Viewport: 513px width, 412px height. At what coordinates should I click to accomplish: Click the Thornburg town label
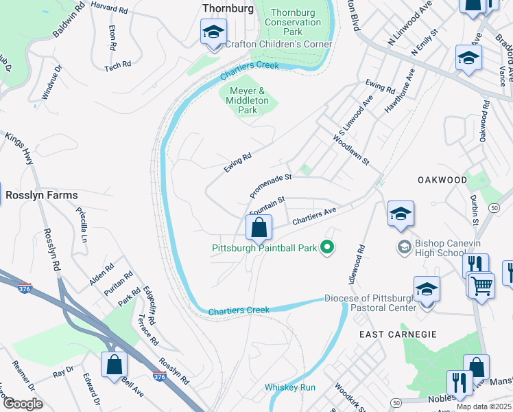click(x=228, y=8)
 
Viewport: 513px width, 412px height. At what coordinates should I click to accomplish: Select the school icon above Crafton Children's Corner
click(x=213, y=32)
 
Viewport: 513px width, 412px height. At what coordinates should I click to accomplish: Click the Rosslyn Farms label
click(x=42, y=195)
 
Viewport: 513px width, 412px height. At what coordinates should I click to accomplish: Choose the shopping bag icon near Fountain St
click(x=259, y=227)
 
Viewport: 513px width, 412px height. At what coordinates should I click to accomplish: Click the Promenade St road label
click(x=271, y=183)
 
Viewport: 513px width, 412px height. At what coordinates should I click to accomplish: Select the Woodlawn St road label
click(x=351, y=150)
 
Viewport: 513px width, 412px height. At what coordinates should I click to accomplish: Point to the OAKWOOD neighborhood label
click(x=442, y=180)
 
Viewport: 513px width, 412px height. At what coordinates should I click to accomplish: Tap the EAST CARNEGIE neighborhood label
click(x=398, y=334)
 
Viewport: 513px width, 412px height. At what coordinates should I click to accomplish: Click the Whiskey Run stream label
click(x=290, y=387)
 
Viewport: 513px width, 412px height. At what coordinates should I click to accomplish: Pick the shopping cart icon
click(x=481, y=285)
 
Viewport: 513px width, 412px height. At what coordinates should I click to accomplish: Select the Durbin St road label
click(x=475, y=213)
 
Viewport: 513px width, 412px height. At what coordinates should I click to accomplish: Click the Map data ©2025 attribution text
click(x=484, y=407)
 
